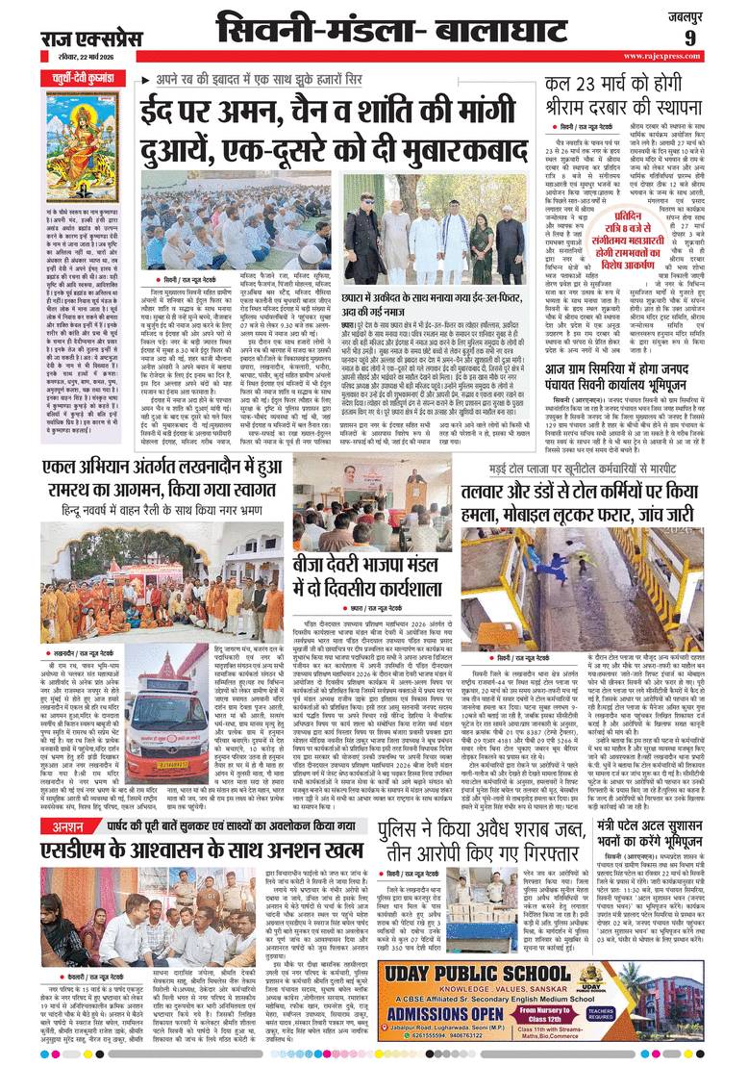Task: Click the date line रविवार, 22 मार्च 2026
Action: coord(79,56)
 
